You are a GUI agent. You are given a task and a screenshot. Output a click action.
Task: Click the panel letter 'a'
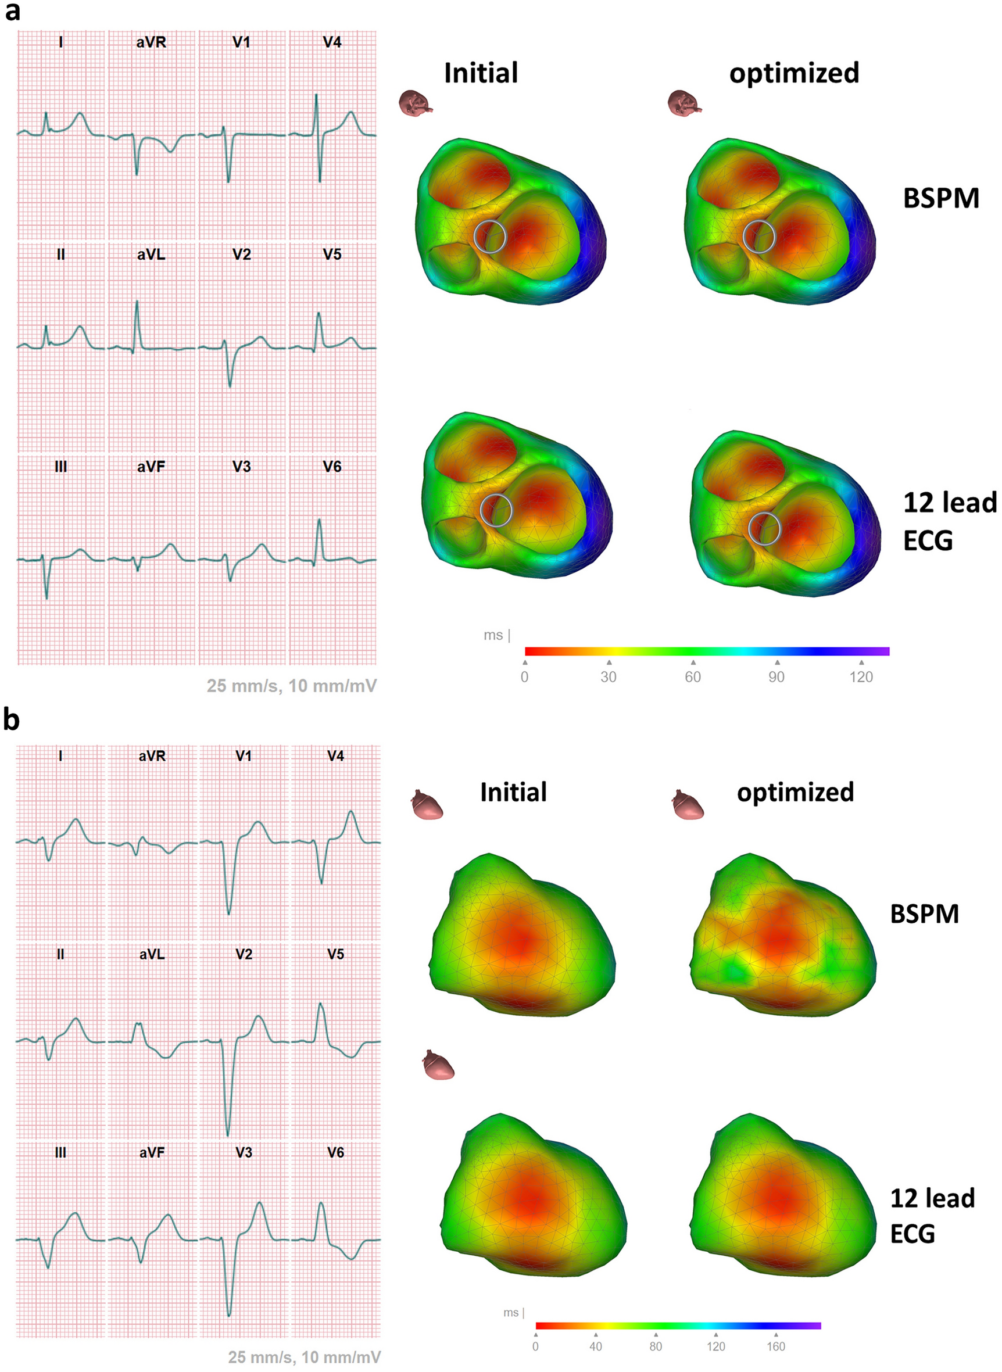tap(12, 12)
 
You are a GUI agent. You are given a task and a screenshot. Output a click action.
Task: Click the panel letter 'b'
tap(12, 719)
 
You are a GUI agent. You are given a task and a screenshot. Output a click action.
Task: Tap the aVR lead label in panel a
tap(151, 42)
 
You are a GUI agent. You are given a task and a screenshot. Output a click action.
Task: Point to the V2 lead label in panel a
tap(241, 255)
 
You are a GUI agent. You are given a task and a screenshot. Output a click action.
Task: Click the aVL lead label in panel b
tap(152, 954)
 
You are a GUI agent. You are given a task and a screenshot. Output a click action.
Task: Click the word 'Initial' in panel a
tap(481, 73)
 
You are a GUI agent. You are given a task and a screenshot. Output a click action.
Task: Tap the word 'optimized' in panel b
tap(795, 792)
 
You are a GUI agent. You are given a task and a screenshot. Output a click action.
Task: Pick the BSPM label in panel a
tap(941, 198)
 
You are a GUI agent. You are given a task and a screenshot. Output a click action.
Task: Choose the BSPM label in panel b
tap(924, 914)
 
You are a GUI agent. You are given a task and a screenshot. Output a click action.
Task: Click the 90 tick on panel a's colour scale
tap(776, 676)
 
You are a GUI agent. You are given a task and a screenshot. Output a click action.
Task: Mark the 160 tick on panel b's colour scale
tap(776, 1346)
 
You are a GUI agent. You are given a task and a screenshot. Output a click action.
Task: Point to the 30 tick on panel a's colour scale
tap(609, 676)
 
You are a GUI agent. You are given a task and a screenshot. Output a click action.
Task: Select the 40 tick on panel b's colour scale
tap(596, 1346)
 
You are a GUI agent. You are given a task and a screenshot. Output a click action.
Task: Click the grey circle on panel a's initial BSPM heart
tap(489, 237)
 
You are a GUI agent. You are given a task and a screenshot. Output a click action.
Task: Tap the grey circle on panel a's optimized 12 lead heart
tap(764, 528)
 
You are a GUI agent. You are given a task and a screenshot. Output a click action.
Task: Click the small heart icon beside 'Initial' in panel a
tap(416, 103)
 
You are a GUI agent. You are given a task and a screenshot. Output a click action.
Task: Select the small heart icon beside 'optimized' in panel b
tap(688, 804)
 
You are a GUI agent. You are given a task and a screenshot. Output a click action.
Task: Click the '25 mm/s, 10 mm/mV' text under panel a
tap(292, 686)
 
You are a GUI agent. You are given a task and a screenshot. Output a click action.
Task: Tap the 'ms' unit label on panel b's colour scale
tap(511, 1313)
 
